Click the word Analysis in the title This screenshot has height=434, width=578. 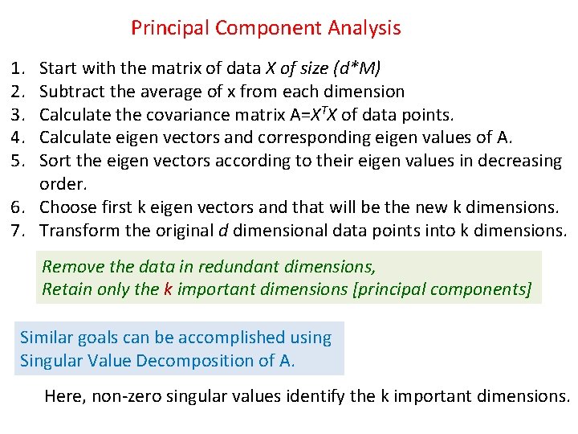pos(364,28)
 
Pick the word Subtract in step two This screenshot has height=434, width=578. pos(70,92)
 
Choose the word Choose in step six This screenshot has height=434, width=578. pos(67,207)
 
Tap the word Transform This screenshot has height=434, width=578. pos(78,231)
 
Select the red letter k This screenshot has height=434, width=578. pos(168,289)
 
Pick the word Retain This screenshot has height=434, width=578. pos(67,289)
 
